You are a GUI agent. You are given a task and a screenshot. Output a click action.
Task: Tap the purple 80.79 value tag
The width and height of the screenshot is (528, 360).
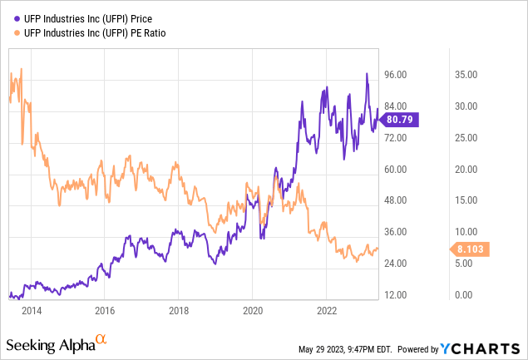pos(405,120)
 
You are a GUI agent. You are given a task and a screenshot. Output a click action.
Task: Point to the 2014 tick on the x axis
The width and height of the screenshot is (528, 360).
pos(32,311)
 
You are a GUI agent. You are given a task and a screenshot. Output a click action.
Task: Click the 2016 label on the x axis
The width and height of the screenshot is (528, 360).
pos(105,311)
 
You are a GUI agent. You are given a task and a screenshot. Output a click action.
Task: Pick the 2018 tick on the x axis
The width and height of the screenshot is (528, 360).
pos(179,311)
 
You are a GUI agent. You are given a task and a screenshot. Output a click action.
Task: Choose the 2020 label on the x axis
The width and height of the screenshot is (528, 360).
pos(253,311)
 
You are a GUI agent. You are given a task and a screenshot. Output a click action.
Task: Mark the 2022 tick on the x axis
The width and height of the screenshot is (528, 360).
pos(326,311)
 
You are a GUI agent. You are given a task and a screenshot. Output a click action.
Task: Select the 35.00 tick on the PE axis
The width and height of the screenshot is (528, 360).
pos(465,75)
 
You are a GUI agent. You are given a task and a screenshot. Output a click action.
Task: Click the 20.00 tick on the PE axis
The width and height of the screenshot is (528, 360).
pos(465,169)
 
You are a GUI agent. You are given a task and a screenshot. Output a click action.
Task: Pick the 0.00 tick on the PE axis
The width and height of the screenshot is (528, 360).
pos(462,295)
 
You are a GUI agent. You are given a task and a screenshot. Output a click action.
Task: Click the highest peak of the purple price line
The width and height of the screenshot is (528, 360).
pos(367,74)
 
